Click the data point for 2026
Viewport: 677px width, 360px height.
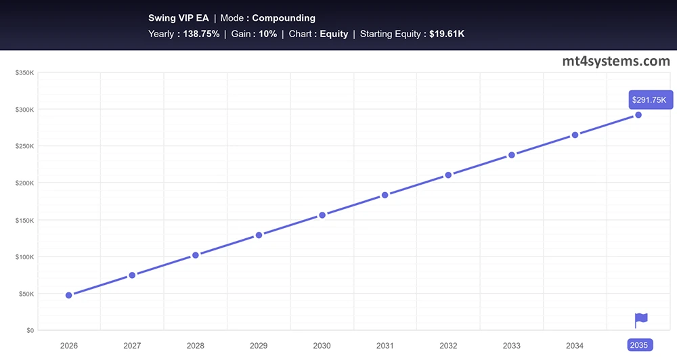[69, 295]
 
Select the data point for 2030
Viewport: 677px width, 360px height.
[322, 215]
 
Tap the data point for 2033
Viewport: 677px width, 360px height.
[512, 155]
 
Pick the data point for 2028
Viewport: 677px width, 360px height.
[196, 255]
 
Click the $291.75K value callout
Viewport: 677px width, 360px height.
[649, 100]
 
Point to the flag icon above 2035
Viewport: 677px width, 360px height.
[640, 319]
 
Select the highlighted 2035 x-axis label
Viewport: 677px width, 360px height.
[638, 345]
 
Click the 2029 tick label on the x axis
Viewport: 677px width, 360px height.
[259, 345]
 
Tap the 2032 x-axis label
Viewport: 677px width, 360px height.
[448, 345]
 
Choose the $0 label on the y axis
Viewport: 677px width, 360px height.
[30, 330]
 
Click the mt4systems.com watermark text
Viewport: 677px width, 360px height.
[616, 62]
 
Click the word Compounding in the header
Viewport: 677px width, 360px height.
[284, 18]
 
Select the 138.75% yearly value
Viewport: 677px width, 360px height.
[201, 34]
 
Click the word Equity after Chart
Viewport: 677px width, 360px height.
[334, 34]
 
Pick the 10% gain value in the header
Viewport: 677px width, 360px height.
[267, 34]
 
